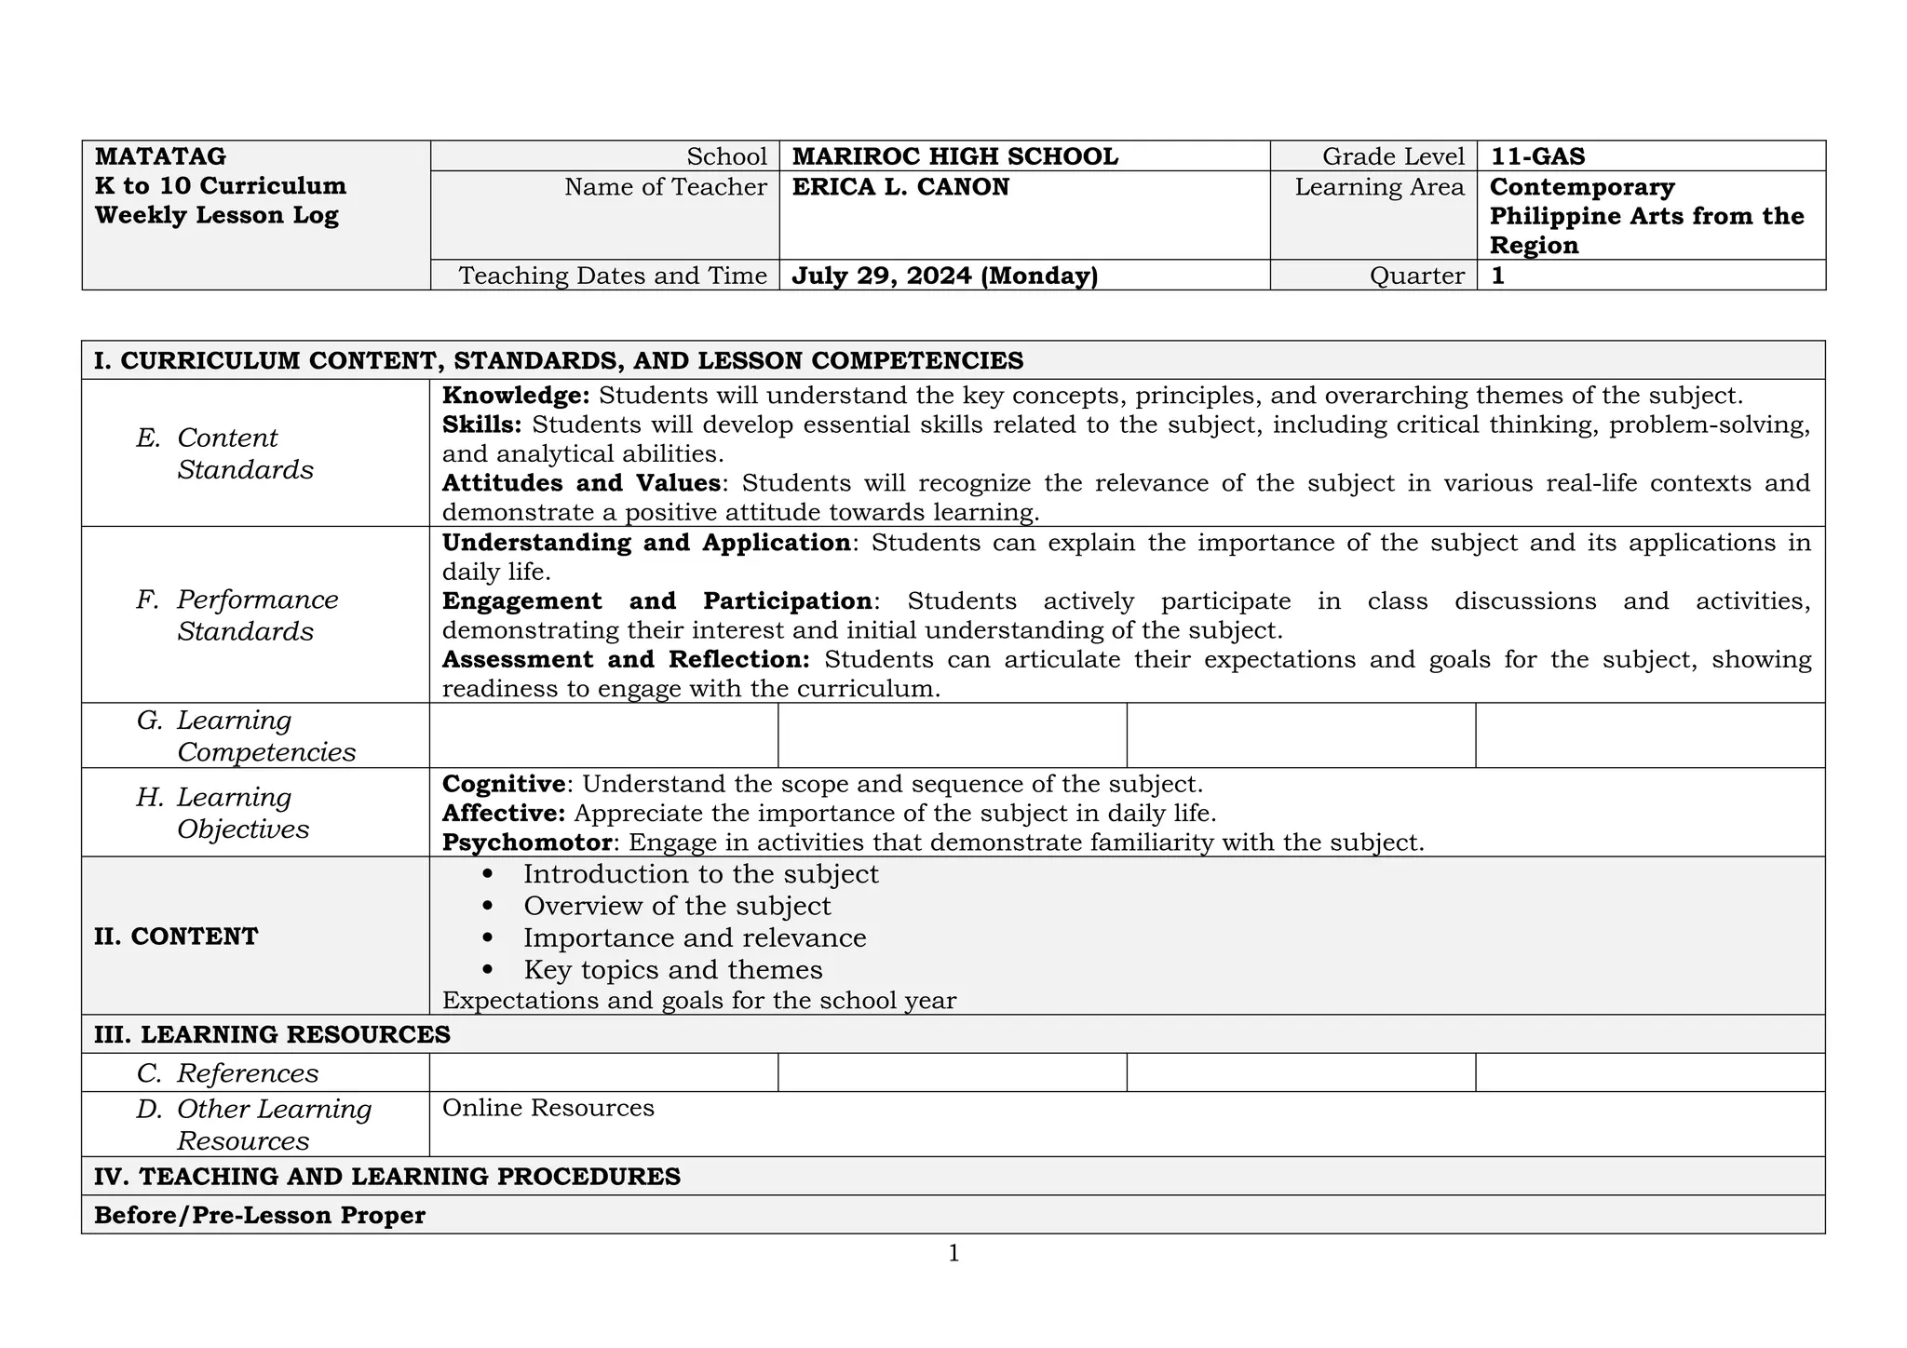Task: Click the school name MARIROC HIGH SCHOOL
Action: (x=954, y=156)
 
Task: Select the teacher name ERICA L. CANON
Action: (x=900, y=187)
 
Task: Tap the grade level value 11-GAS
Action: (x=1537, y=156)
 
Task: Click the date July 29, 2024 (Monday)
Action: (x=944, y=276)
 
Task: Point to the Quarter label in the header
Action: (x=1416, y=276)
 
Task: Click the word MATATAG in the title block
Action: (x=160, y=156)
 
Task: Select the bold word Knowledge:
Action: (x=515, y=396)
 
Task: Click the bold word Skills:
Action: (x=481, y=425)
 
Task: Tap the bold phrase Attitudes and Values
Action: (x=581, y=483)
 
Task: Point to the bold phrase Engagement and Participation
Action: (x=656, y=601)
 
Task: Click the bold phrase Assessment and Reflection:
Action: (x=626, y=660)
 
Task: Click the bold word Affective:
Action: (x=503, y=814)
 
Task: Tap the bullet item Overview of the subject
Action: (x=677, y=906)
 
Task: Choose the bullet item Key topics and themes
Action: (x=672, y=970)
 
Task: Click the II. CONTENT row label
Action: (x=176, y=937)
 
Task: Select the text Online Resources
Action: (x=548, y=1108)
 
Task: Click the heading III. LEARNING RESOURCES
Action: (x=272, y=1034)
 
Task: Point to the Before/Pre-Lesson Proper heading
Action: (x=260, y=1216)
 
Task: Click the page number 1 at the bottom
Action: (x=953, y=1254)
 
